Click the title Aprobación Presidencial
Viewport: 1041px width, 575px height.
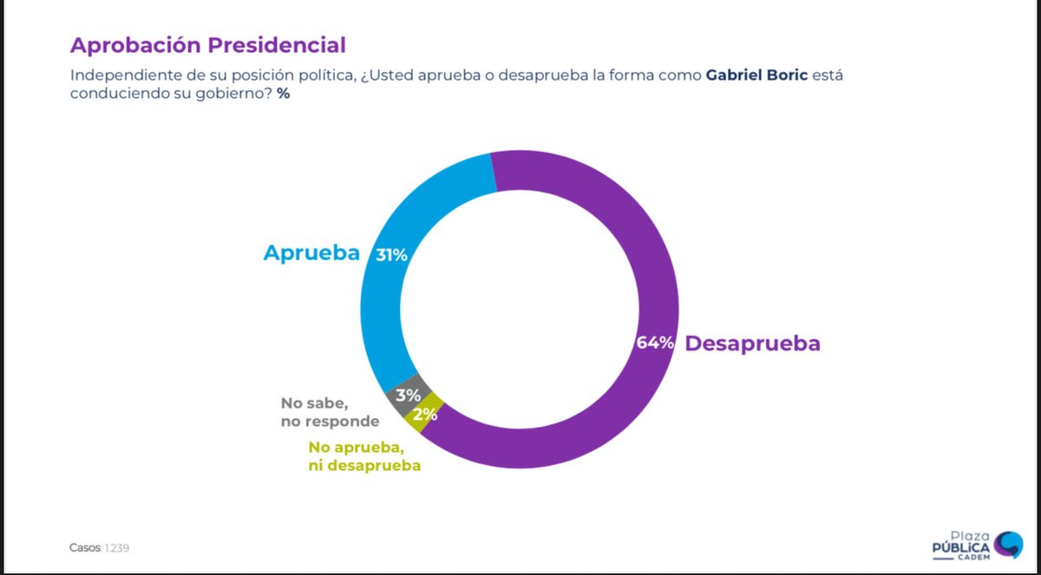tap(208, 45)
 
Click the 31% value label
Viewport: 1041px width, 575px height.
tap(391, 255)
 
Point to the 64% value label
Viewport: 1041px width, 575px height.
tap(655, 343)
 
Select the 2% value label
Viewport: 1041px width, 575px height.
tap(424, 415)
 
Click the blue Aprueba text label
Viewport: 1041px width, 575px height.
tap(311, 253)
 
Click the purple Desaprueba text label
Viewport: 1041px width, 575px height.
tap(752, 343)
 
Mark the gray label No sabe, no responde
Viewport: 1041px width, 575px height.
tap(330, 412)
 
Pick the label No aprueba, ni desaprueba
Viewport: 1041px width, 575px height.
tap(364, 457)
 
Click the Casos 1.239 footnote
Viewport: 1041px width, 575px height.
tap(100, 548)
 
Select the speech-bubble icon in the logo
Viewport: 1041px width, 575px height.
tap(1007, 544)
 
